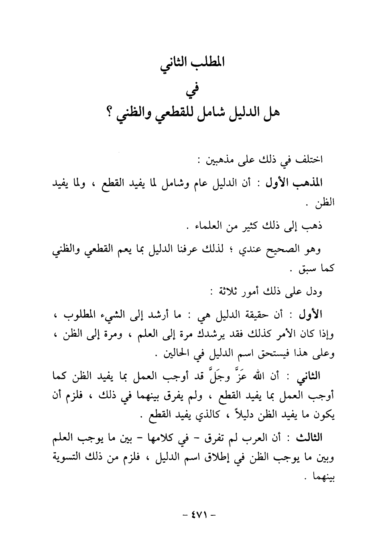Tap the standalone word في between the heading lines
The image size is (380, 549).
tap(190, 90)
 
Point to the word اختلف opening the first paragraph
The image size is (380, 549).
tap(309, 160)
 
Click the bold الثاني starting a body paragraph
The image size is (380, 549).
tap(308, 377)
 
